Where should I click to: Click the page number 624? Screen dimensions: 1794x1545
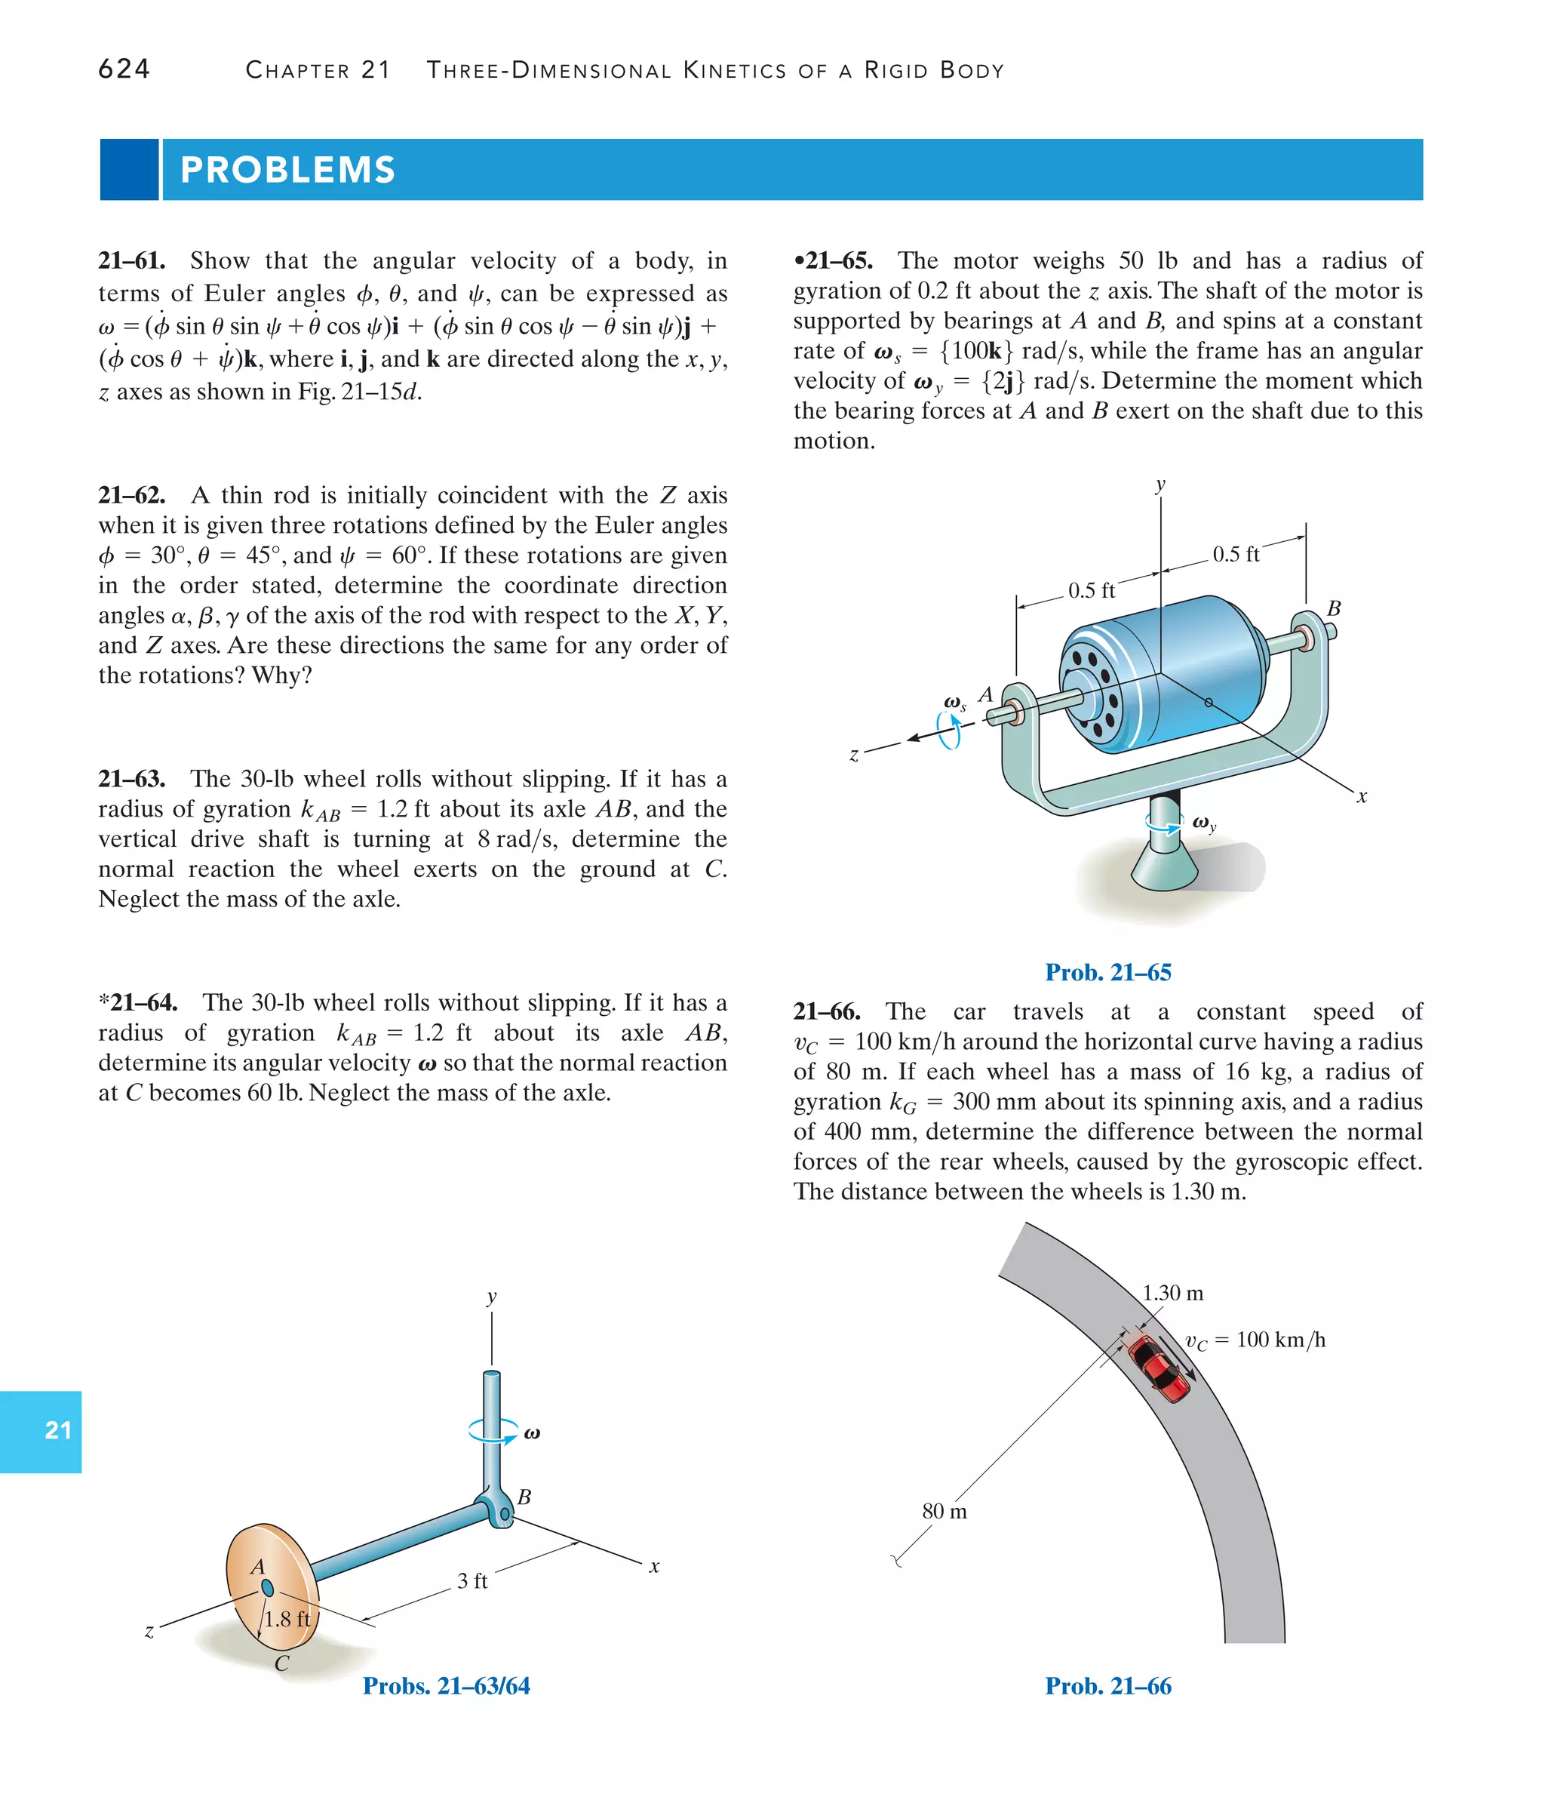[124, 69]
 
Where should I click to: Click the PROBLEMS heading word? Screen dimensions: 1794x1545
[287, 170]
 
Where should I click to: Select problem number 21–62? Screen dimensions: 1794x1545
[131, 495]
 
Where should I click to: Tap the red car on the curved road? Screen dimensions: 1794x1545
[1160, 1369]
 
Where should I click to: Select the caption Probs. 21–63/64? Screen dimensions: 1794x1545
[446, 1686]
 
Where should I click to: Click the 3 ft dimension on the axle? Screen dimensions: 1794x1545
[471, 1581]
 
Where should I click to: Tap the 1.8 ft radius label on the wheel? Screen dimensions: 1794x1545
[287, 1619]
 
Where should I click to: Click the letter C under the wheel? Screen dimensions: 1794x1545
[281, 1663]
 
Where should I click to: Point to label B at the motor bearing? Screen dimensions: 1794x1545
[1334, 608]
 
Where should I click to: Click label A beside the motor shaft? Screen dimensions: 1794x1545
[985, 694]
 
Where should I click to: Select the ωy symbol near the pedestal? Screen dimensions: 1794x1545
[1204, 823]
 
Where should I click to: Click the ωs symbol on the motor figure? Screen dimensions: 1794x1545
[955, 703]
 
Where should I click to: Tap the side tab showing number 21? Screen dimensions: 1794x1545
[57, 1429]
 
